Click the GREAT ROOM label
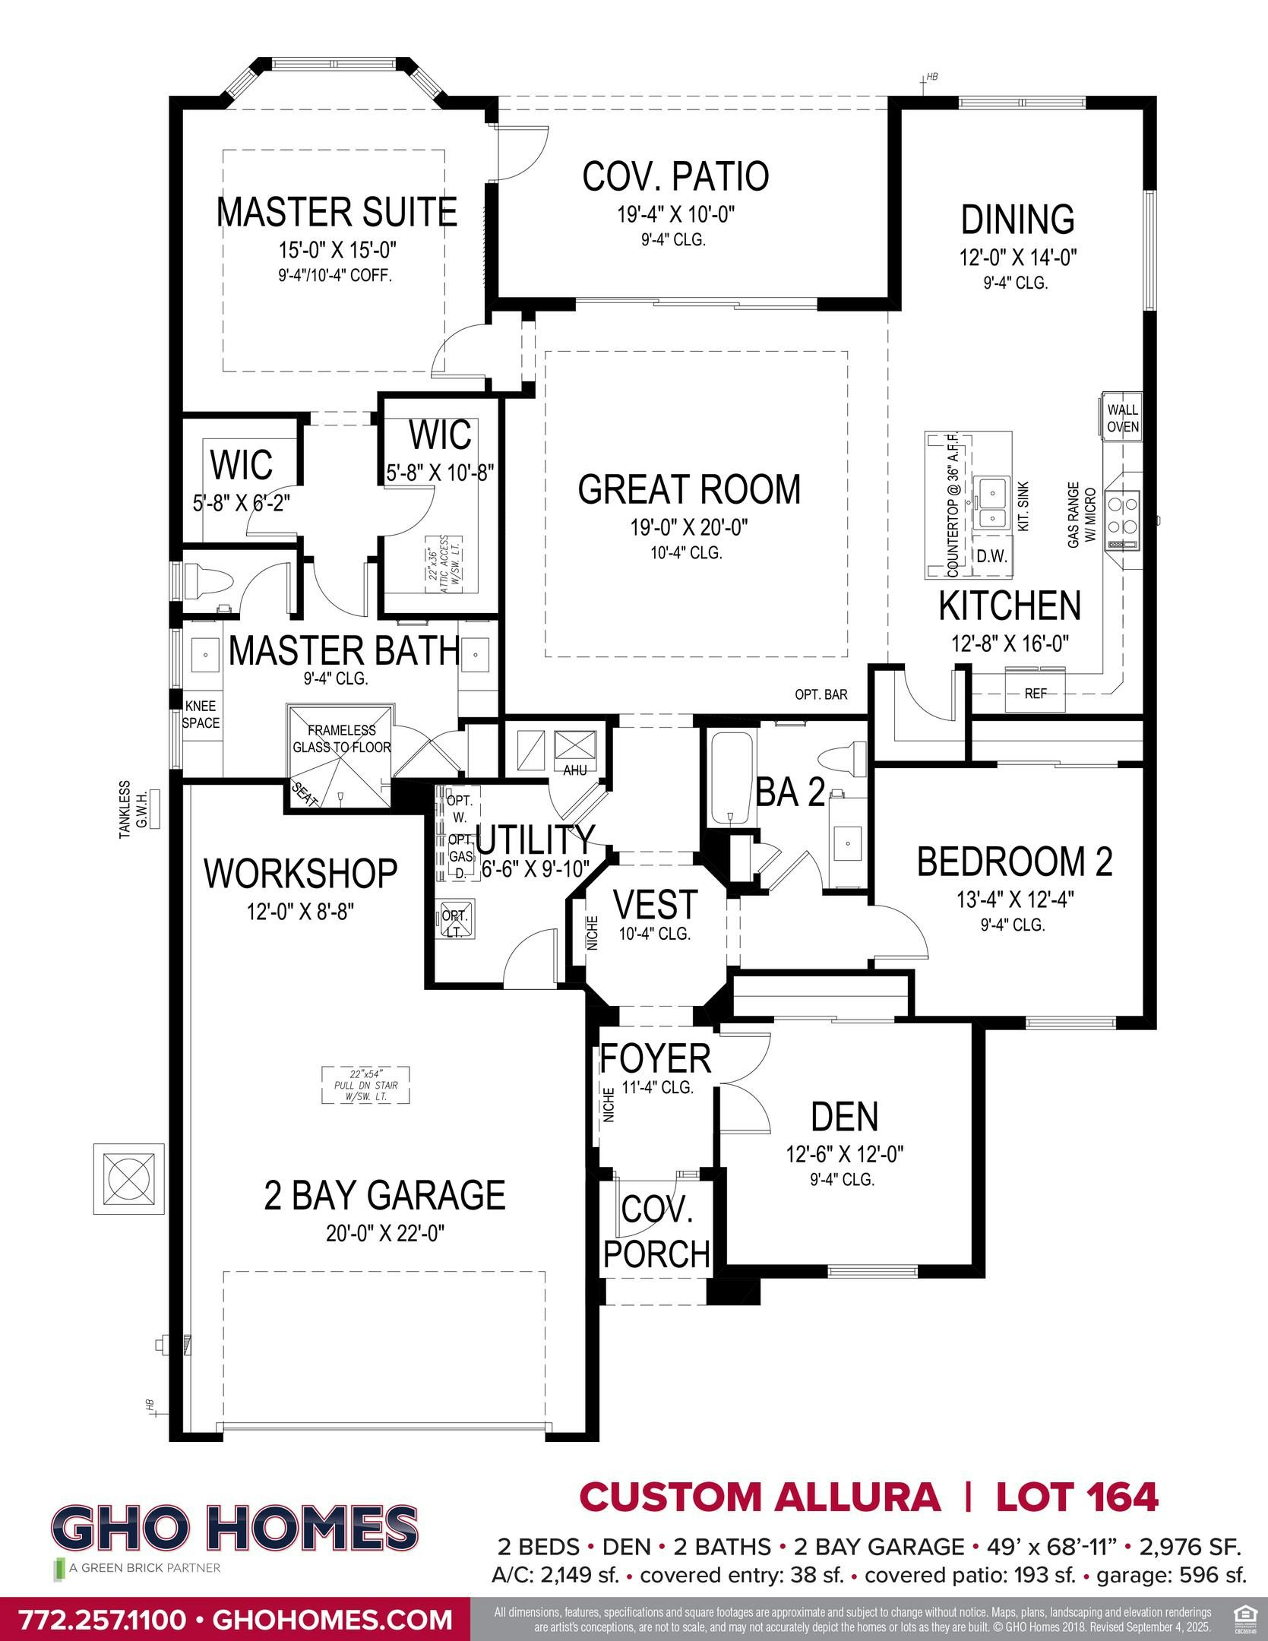pyautogui.click(x=689, y=489)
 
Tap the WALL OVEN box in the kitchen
pyautogui.click(x=1122, y=418)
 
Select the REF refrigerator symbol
pyautogui.click(x=1035, y=693)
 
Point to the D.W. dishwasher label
pyautogui.click(x=991, y=555)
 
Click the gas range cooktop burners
pyautogui.click(x=1122, y=514)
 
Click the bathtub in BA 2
pyautogui.click(x=731, y=779)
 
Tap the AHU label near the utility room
pyautogui.click(x=574, y=770)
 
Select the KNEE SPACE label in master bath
pyautogui.click(x=201, y=715)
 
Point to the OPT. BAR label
pyautogui.click(x=821, y=694)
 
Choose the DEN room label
pyautogui.click(x=844, y=1117)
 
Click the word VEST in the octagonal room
pyautogui.click(x=655, y=904)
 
